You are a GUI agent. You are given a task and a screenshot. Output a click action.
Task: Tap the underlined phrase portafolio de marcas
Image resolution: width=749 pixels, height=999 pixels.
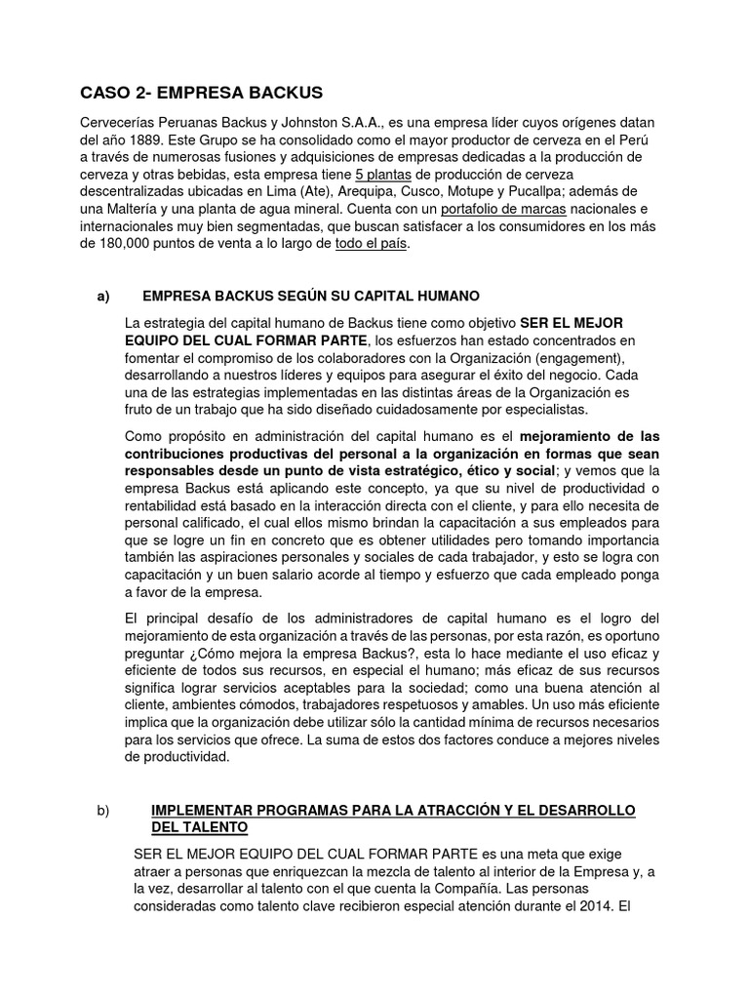tap(499, 210)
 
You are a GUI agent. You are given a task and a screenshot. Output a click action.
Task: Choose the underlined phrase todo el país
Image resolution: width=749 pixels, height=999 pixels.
tap(372, 245)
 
